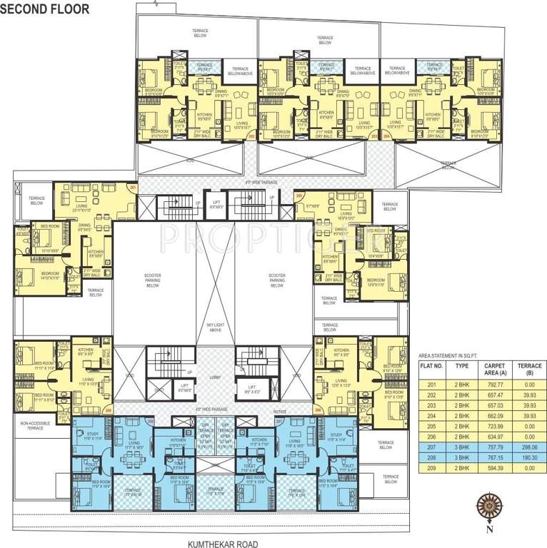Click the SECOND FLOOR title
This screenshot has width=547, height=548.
[45, 9]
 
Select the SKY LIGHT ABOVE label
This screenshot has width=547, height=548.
[215, 327]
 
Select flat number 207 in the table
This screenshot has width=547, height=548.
[432, 447]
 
